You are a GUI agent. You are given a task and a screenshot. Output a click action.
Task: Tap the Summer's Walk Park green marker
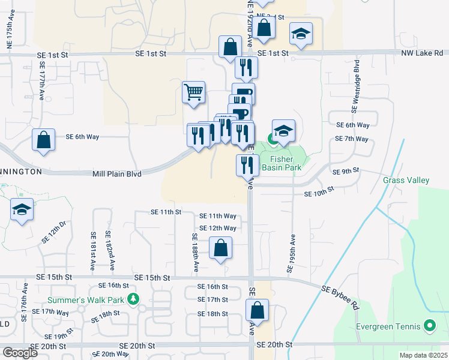(x=133, y=299)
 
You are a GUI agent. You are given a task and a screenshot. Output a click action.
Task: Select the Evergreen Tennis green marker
(x=429, y=327)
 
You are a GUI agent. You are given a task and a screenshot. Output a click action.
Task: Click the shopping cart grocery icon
(x=194, y=93)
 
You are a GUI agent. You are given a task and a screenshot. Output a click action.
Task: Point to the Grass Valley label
(x=406, y=180)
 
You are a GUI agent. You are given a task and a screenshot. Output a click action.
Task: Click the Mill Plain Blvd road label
(x=117, y=174)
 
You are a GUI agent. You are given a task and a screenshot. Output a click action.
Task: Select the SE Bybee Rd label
(x=340, y=297)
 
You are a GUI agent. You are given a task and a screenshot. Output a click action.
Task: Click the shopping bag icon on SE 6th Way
(x=43, y=141)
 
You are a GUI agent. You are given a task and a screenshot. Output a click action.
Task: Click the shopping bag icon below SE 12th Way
(x=221, y=248)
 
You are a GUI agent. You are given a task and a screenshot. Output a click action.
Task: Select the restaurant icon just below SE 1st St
(x=246, y=67)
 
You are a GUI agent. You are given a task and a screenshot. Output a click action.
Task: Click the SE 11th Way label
(x=218, y=216)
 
